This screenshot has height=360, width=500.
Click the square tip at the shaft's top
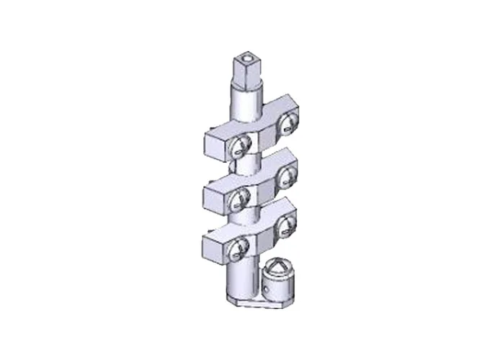point(246,70)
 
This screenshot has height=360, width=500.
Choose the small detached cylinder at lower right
point(276,281)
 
